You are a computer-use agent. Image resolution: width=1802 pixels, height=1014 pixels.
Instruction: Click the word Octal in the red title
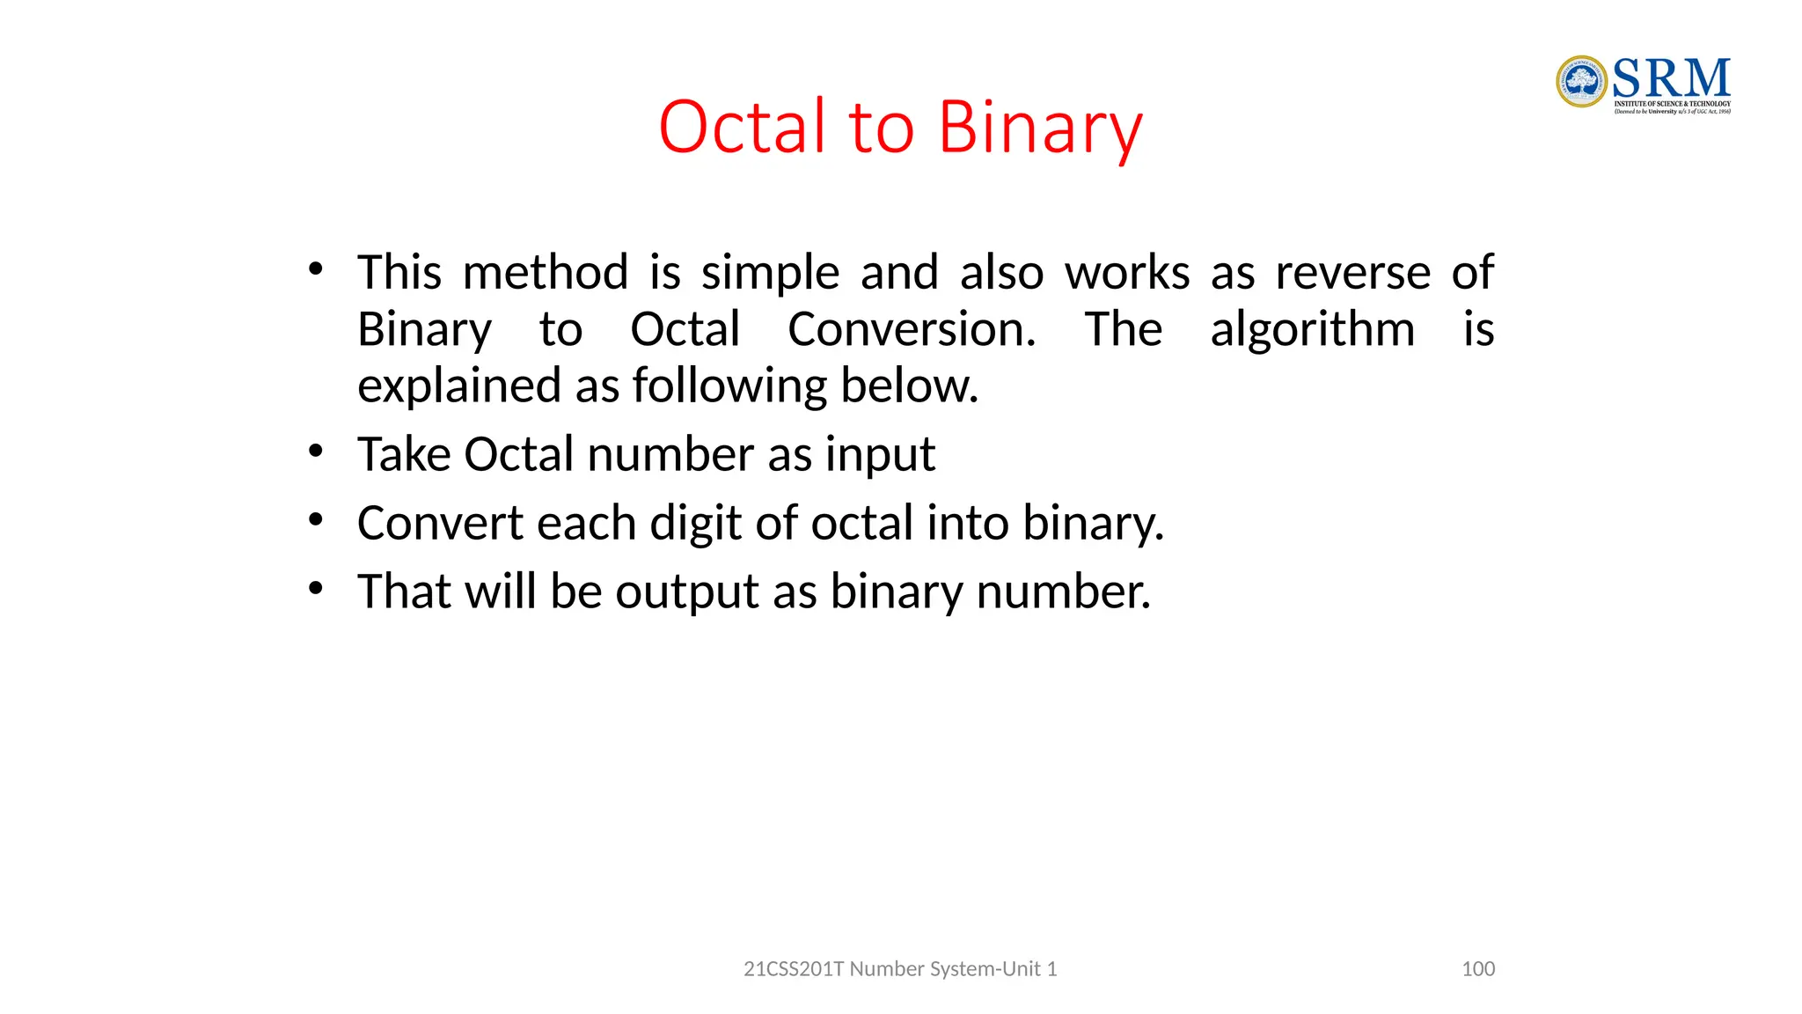pyautogui.click(x=743, y=128)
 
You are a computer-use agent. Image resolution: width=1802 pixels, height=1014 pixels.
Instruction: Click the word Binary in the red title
pyautogui.click(x=1040, y=128)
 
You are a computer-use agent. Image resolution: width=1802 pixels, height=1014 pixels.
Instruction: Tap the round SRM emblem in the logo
pyautogui.click(x=1581, y=82)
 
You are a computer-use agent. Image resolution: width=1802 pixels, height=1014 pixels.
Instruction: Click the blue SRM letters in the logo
pyautogui.click(x=1671, y=79)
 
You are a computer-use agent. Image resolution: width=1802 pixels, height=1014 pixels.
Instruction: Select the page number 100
pyautogui.click(x=1478, y=969)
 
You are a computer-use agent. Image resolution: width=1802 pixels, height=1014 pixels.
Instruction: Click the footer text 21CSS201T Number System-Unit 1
pyautogui.click(x=900, y=969)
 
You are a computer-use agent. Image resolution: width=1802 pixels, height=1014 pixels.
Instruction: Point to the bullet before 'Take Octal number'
pyautogui.click(x=316, y=452)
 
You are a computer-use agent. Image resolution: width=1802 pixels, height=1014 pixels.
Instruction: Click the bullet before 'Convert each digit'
pyautogui.click(x=316, y=521)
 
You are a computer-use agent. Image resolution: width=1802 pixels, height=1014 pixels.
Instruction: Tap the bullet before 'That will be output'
pyautogui.click(x=316, y=589)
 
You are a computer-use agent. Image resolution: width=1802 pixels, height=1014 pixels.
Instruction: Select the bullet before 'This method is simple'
pyautogui.click(x=316, y=269)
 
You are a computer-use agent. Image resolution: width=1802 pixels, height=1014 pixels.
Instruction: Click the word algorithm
pyautogui.click(x=1312, y=331)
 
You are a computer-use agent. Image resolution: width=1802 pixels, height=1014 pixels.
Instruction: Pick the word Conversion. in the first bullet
pyautogui.click(x=912, y=330)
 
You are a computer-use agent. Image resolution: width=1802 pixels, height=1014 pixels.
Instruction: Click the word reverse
pyautogui.click(x=1352, y=274)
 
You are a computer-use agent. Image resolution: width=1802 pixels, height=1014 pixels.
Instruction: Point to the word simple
pyautogui.click(x=770, y=274)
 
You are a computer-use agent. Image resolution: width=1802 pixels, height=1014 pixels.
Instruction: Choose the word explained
pyautogui.click(x=458, y=387)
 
